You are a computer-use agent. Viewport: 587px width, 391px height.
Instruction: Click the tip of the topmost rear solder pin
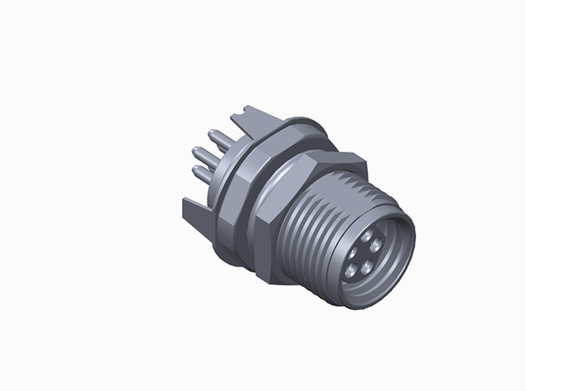209,133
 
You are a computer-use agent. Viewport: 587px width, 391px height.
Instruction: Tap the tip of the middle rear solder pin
196,150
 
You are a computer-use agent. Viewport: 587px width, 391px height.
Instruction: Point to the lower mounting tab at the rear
193,207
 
